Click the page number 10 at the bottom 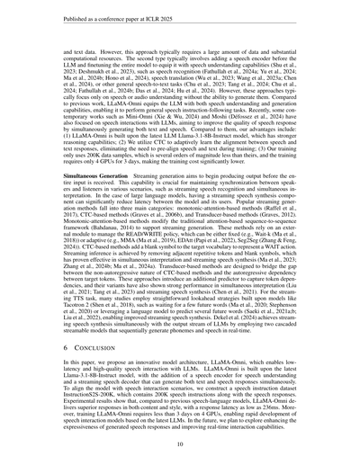180,443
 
